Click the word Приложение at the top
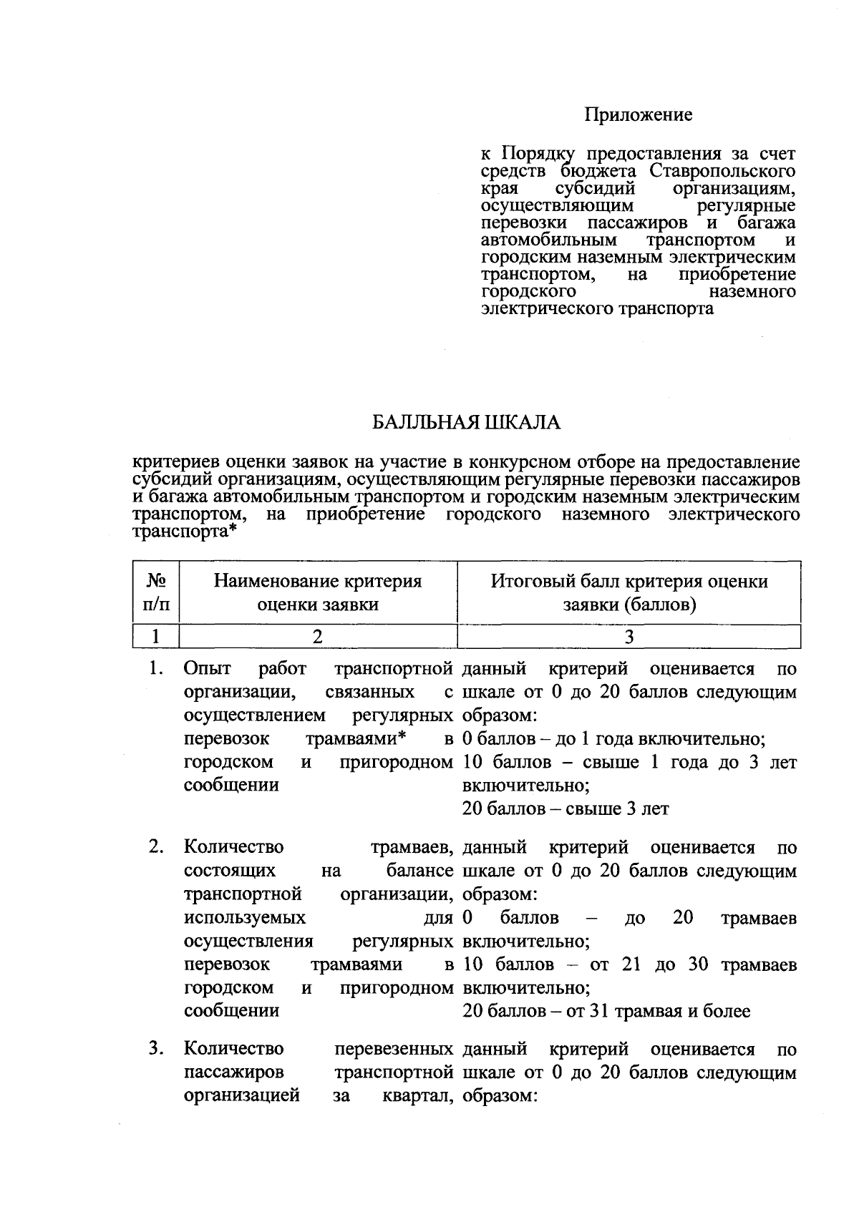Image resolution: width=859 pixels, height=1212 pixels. (639, 114)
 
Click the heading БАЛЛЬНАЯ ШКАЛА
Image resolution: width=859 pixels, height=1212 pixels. (466, 423)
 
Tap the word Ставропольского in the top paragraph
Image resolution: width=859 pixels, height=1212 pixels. (723, 172)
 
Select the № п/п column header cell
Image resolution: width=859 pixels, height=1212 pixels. (157, 593)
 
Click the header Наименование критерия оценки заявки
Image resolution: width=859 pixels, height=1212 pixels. (318, 593)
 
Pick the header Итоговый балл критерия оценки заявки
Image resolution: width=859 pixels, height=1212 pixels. (629, 593)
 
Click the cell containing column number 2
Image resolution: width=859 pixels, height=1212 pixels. (318, 636)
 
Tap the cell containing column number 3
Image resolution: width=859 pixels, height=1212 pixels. (629, 636)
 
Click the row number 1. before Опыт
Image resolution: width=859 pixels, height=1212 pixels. (157, 669)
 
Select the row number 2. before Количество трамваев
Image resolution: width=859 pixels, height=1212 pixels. (157, 847)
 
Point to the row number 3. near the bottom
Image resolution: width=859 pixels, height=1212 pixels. (157, 1049)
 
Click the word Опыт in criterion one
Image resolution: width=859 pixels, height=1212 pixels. (208, 669)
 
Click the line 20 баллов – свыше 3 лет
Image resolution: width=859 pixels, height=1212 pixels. (566, 809)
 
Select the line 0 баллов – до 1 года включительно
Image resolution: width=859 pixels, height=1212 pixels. (614, 739)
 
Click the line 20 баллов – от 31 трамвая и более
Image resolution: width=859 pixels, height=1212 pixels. (606, 1011)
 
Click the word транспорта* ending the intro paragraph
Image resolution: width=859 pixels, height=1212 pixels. (185, 532)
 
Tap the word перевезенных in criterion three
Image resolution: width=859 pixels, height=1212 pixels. (394, 1049)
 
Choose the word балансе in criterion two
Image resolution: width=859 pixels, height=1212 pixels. (419, 871)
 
